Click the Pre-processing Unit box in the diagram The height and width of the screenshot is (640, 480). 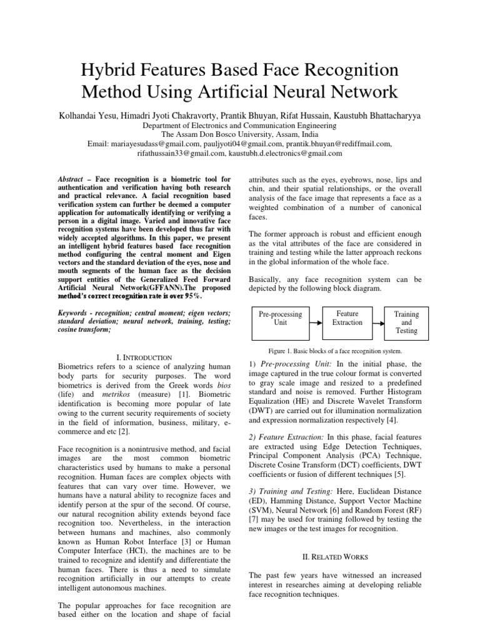[280, 319]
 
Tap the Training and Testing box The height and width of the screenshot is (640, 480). [406, 322]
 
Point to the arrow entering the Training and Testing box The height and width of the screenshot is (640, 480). [378, 318]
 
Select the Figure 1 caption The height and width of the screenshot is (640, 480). [334, 350]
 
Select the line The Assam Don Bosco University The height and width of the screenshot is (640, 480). [239, 134]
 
